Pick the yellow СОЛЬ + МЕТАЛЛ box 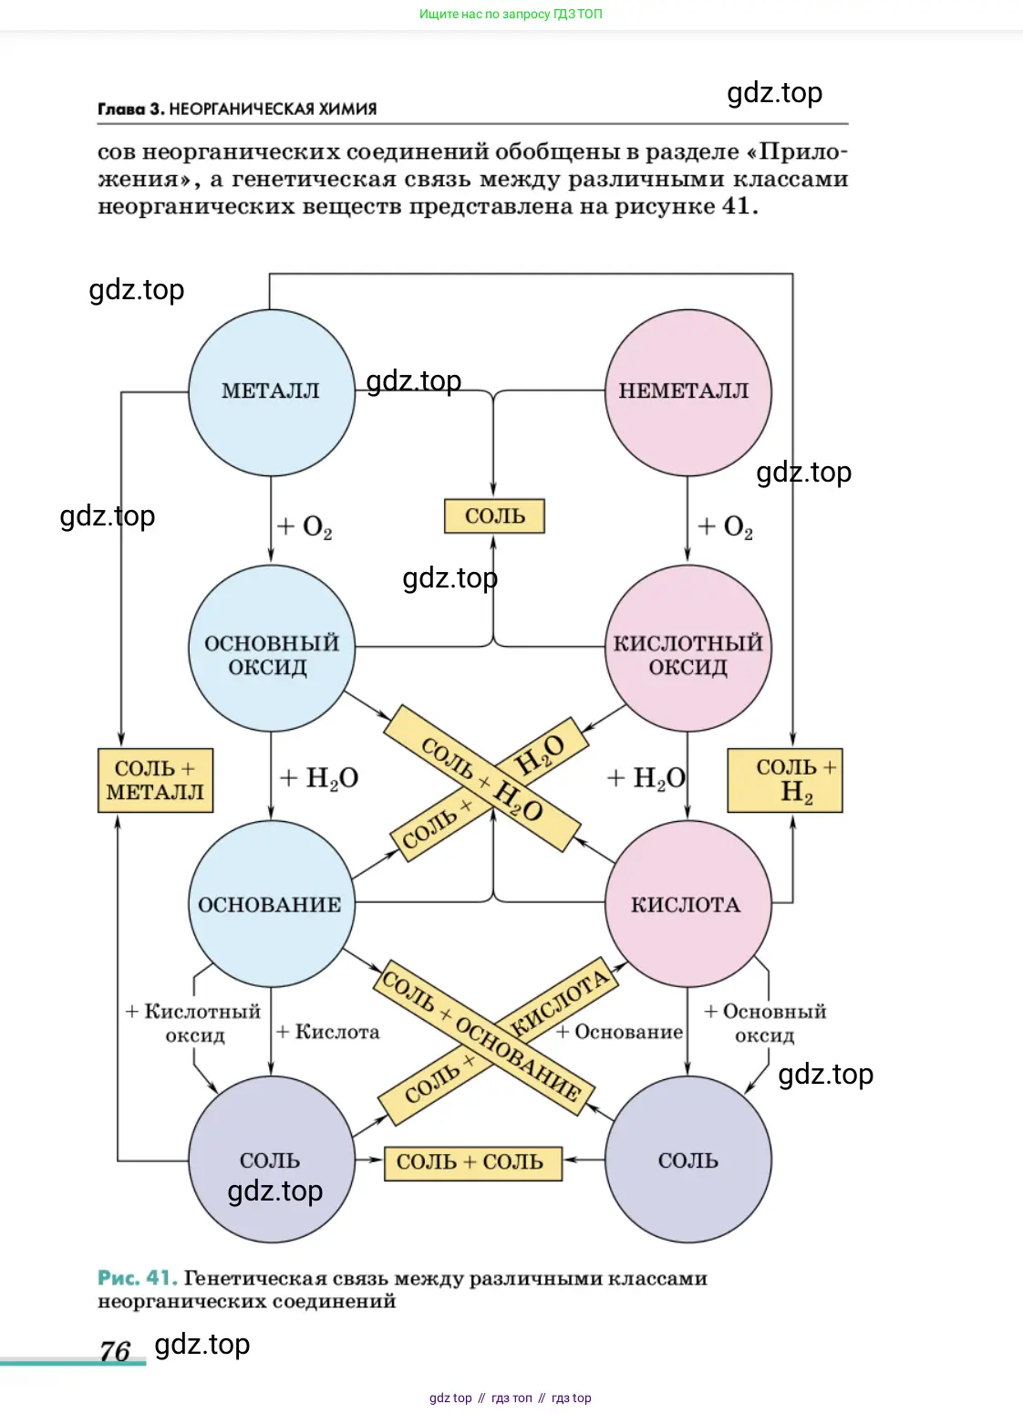click(x=155, y=780)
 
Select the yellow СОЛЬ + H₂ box click(x=785, y=780)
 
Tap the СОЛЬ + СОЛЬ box click(x=472, y=1163)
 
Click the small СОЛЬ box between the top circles click(x=494, y=516)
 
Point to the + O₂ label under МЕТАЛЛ click(x=305, y=527)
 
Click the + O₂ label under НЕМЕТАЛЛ click(x=726, y=527)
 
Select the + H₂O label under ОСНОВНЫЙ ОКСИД click(x=318, y=778)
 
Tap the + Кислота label click(x=328, y=1032)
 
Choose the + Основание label click(x=620, y=1032)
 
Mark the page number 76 click(x=116, y=1350)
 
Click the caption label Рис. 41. click(x=137, y=1278)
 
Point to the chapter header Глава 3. click(x=131, y=109)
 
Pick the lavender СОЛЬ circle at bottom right click(x=687, y=1159)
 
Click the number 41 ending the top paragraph click(x=736, y=206)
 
